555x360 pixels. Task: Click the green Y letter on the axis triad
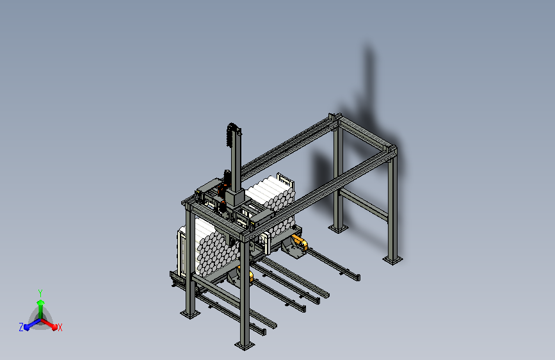40,293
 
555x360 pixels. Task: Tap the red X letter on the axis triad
60,327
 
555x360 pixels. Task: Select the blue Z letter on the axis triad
21,327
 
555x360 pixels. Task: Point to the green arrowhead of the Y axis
40,302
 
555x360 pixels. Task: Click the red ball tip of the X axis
54,327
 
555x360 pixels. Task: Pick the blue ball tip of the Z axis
26,327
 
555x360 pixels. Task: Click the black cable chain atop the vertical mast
231,135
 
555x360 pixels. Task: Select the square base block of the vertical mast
234,197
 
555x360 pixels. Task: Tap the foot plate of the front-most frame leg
245,345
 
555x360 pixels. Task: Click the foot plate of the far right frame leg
392,260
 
